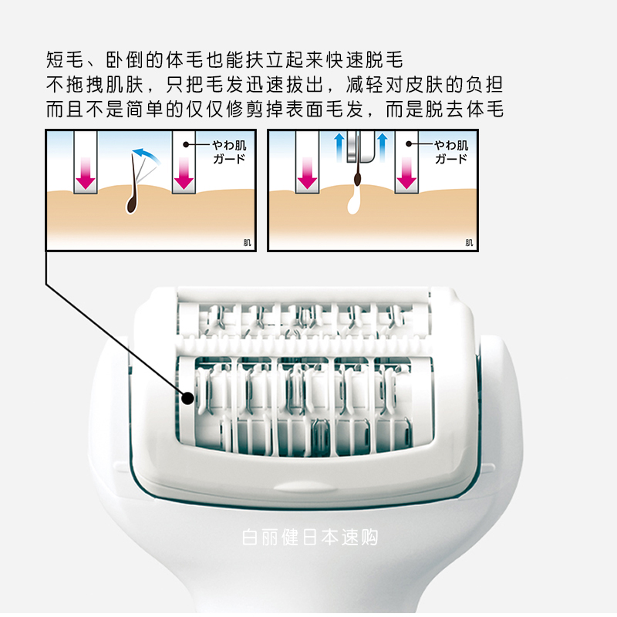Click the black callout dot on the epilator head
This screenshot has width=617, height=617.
(x=187, y=398)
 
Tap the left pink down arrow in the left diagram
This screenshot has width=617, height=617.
(x=85, y=173)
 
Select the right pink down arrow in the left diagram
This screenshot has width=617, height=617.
(x=184, y=173)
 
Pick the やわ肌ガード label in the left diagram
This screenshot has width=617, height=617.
(x=229, y=152)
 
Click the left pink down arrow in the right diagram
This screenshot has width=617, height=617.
(x=307, y=173)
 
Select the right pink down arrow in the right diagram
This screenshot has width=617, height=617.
(x=406, y=173)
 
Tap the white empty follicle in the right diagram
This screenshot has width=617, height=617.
(x=355, y=202)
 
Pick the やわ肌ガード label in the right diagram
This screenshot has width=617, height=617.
(x=451, y=152)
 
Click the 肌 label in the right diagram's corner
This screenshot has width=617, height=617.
(x=470, y=242)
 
